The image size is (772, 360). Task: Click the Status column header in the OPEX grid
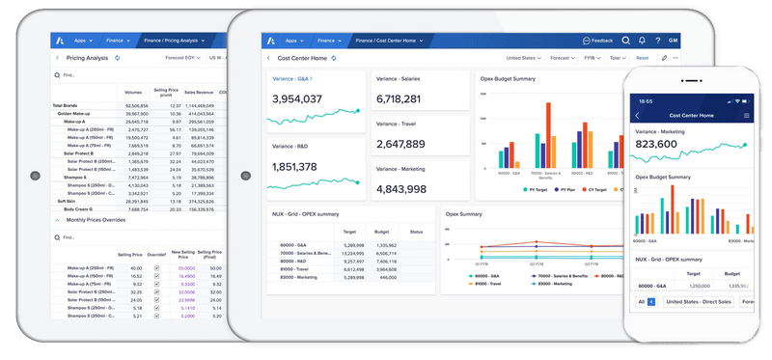[416, 232]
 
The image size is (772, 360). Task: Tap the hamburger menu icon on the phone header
[746, 115]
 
